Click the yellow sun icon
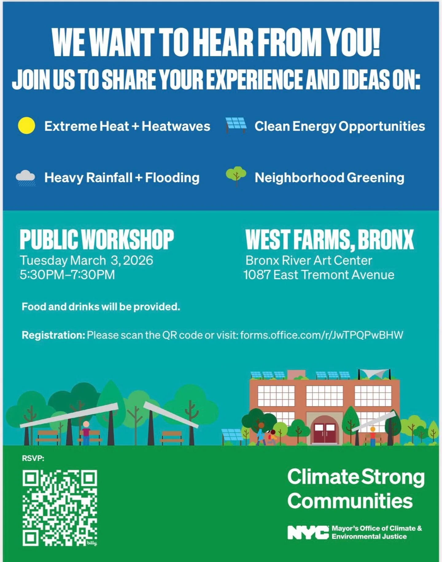[26, 126]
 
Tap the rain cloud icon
[26, 178]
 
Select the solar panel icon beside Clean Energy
[236, 125]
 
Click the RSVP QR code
[60, 508]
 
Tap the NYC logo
[308, 532]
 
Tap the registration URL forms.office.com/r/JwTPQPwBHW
[322, 335]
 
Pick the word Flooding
[172, 178]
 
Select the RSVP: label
[33, 458]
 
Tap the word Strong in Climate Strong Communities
[393, 477]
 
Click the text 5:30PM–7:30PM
[67, 275]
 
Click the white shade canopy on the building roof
[374, 374]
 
